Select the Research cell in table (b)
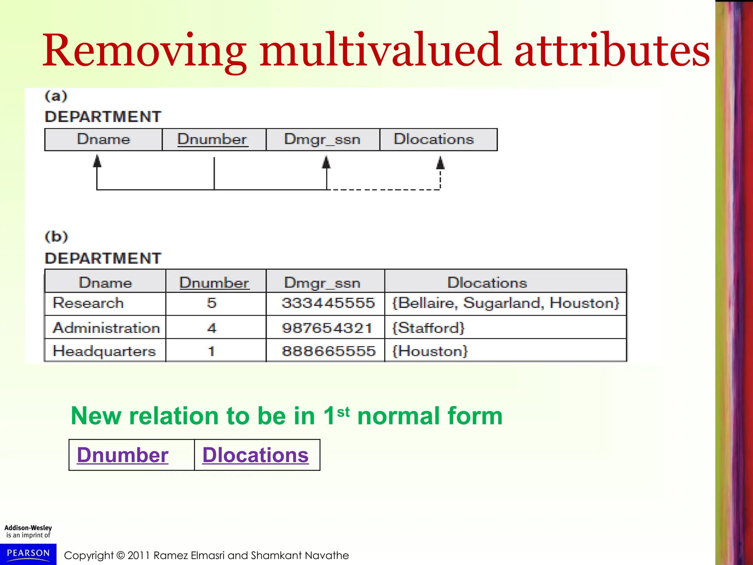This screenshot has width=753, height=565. [x=88, y=303]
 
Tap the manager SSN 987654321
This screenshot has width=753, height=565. [x=327, y=328]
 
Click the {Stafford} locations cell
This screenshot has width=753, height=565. [x=429, y=328]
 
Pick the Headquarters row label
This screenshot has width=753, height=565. [x=104, y=351]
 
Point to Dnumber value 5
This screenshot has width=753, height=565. [x=211, y=303]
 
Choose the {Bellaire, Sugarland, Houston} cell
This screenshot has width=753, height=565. [x=506, y=303]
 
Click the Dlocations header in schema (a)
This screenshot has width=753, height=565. [x=434, y=139]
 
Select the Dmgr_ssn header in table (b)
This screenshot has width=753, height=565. [x=322, y=282]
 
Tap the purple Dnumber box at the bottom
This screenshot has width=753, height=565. [x=123, y=455]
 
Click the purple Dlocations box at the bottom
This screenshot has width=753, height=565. [x=256, y=455]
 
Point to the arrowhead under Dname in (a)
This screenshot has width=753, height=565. [x=97, y=161]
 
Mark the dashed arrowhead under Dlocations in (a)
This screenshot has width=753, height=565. [x=440, y=163]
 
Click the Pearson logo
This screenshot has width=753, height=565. [x=28, y=554]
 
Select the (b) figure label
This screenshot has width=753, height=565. [x=56, y=236]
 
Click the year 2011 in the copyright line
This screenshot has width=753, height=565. [x=139, y=555]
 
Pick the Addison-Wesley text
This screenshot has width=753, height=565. [x=28, y=527]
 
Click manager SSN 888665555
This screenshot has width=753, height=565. [x=328, y=351]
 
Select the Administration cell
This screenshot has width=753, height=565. [x=106, y=328]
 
